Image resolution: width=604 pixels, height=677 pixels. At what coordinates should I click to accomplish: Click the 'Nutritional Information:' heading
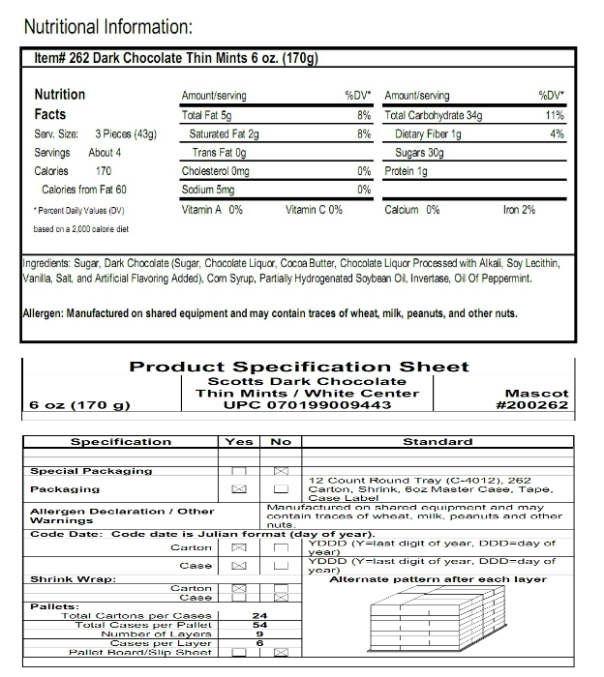coord(107,26)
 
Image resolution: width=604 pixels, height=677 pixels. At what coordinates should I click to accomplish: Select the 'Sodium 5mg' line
coord(208,190)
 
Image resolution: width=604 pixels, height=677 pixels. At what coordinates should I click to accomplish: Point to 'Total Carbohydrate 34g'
coord(433,115)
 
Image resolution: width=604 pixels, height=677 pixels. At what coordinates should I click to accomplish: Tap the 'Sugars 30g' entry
coord(419,153)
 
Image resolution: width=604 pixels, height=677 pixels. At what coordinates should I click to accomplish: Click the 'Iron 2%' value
coord(519,209)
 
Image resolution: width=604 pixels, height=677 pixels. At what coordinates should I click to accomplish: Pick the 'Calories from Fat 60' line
coord(84,190)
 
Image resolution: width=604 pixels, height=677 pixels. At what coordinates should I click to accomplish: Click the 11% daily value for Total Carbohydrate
coord(555,115)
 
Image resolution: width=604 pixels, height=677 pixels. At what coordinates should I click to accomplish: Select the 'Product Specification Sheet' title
coord(299,367)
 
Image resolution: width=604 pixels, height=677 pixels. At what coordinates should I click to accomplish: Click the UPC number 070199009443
coord(308,404)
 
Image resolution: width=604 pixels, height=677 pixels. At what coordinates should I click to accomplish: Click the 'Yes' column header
coord(239,441)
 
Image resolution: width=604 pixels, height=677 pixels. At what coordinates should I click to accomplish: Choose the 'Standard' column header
coord(438,441)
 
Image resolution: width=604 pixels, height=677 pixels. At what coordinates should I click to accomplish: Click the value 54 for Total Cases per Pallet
coord(259,625)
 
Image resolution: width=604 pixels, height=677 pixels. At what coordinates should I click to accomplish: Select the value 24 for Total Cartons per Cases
coord(259,615)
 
